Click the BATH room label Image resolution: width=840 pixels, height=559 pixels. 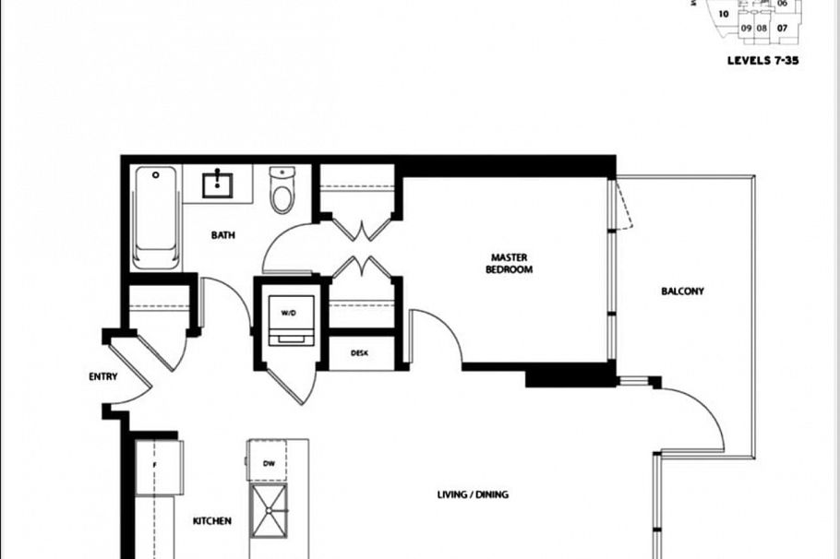(x=222, y=235)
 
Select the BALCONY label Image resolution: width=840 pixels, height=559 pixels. (x=682, y=291)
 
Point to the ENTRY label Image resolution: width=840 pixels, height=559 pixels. (x=102, y=376)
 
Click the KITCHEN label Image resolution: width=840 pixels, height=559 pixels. (x=211, y=521)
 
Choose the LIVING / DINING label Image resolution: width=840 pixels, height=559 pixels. (x=473, y=494)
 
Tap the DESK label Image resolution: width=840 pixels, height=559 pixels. (x=361, y=353)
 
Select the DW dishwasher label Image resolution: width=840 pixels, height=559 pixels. (x=270, y=464)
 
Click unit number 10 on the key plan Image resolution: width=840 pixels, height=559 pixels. (x=725, y=14)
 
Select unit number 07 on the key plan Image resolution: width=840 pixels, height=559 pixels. (x=782, y=28)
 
